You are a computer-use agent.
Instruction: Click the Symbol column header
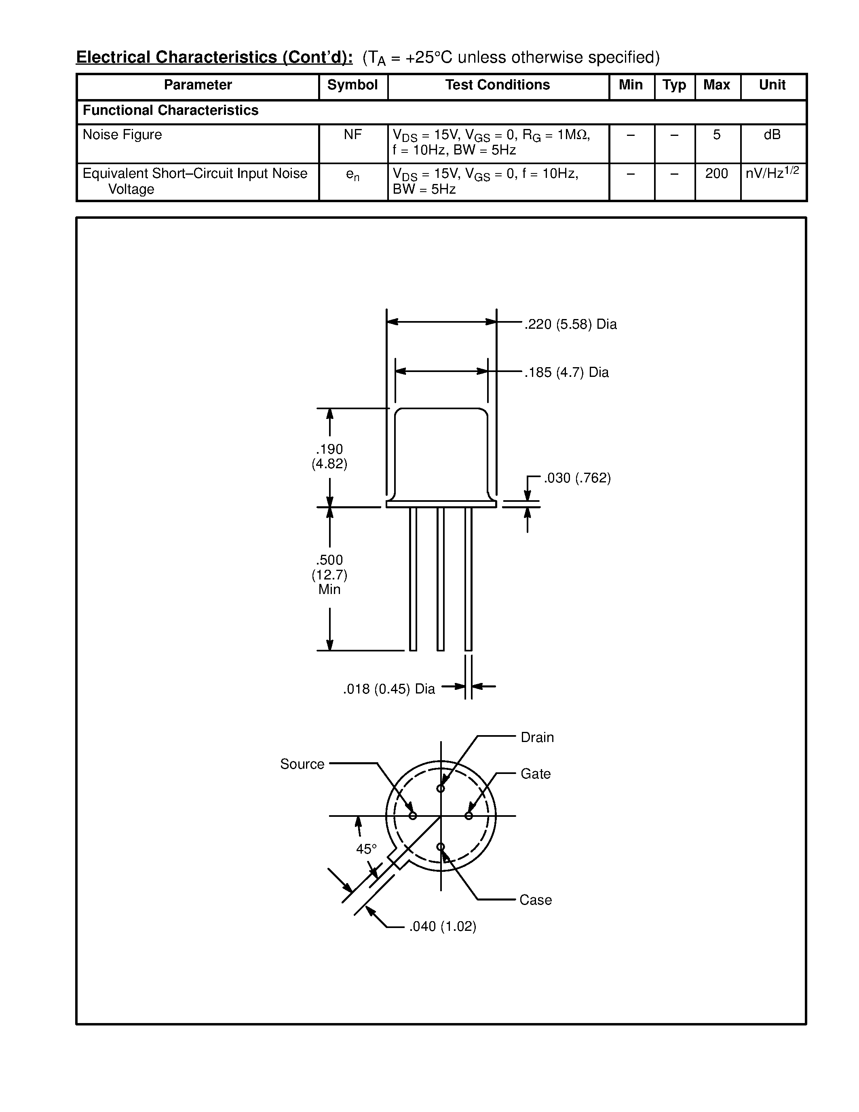(x=352, y=85)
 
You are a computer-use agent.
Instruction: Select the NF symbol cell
(x=352, y=135)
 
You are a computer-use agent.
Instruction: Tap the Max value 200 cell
(x=717, y=174)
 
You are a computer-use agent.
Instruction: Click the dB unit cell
(x=772, y=135)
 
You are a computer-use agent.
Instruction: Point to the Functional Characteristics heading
(x=171, y=110)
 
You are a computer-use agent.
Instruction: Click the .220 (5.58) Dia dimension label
(x=570, y=324)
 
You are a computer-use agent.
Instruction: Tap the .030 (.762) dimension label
(x=577, y=478)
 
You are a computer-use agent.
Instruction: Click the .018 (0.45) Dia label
(x=389, y=689)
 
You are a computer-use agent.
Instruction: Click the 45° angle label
(x=366, y=849)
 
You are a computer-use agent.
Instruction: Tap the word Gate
(x=535, y=774)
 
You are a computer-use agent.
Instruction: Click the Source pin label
(x=302, y=764)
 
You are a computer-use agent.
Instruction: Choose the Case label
(x=535, y=900)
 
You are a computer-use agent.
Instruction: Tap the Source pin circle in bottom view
(x=413, y=816)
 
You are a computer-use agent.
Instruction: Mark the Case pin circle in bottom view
(x=441, y=847)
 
